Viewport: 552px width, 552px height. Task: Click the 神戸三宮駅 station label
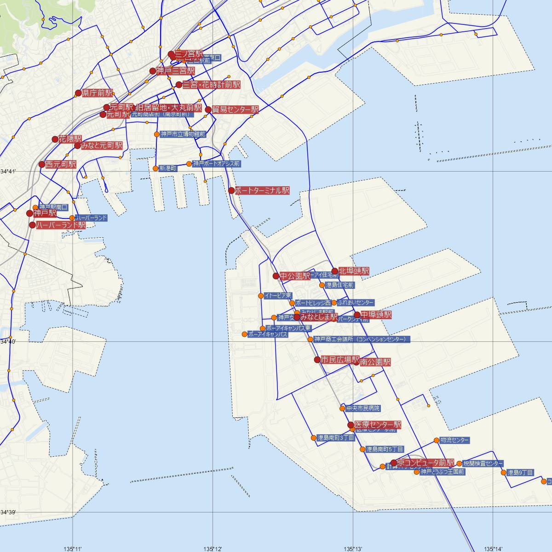(x=175, y=71)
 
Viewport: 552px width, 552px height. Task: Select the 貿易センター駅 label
(x=235, y=110)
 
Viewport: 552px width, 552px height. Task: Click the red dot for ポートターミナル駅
(x=231, y=190)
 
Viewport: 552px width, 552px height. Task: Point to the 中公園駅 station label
(x=295, y=276)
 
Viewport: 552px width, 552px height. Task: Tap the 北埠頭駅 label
(x=354, y=271)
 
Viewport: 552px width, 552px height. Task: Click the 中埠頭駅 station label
(x=376, y=315)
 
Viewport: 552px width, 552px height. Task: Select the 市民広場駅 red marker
(x=317, y=360)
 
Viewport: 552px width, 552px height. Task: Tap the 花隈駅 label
(x=70, y=139)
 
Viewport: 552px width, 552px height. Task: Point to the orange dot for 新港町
(x=155, y=168)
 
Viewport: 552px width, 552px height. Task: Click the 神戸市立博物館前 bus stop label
(x=183, y=134)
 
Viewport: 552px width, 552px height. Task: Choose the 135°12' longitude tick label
(x=213, y=549)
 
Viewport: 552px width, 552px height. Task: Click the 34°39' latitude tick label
(x=8, y=512)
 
